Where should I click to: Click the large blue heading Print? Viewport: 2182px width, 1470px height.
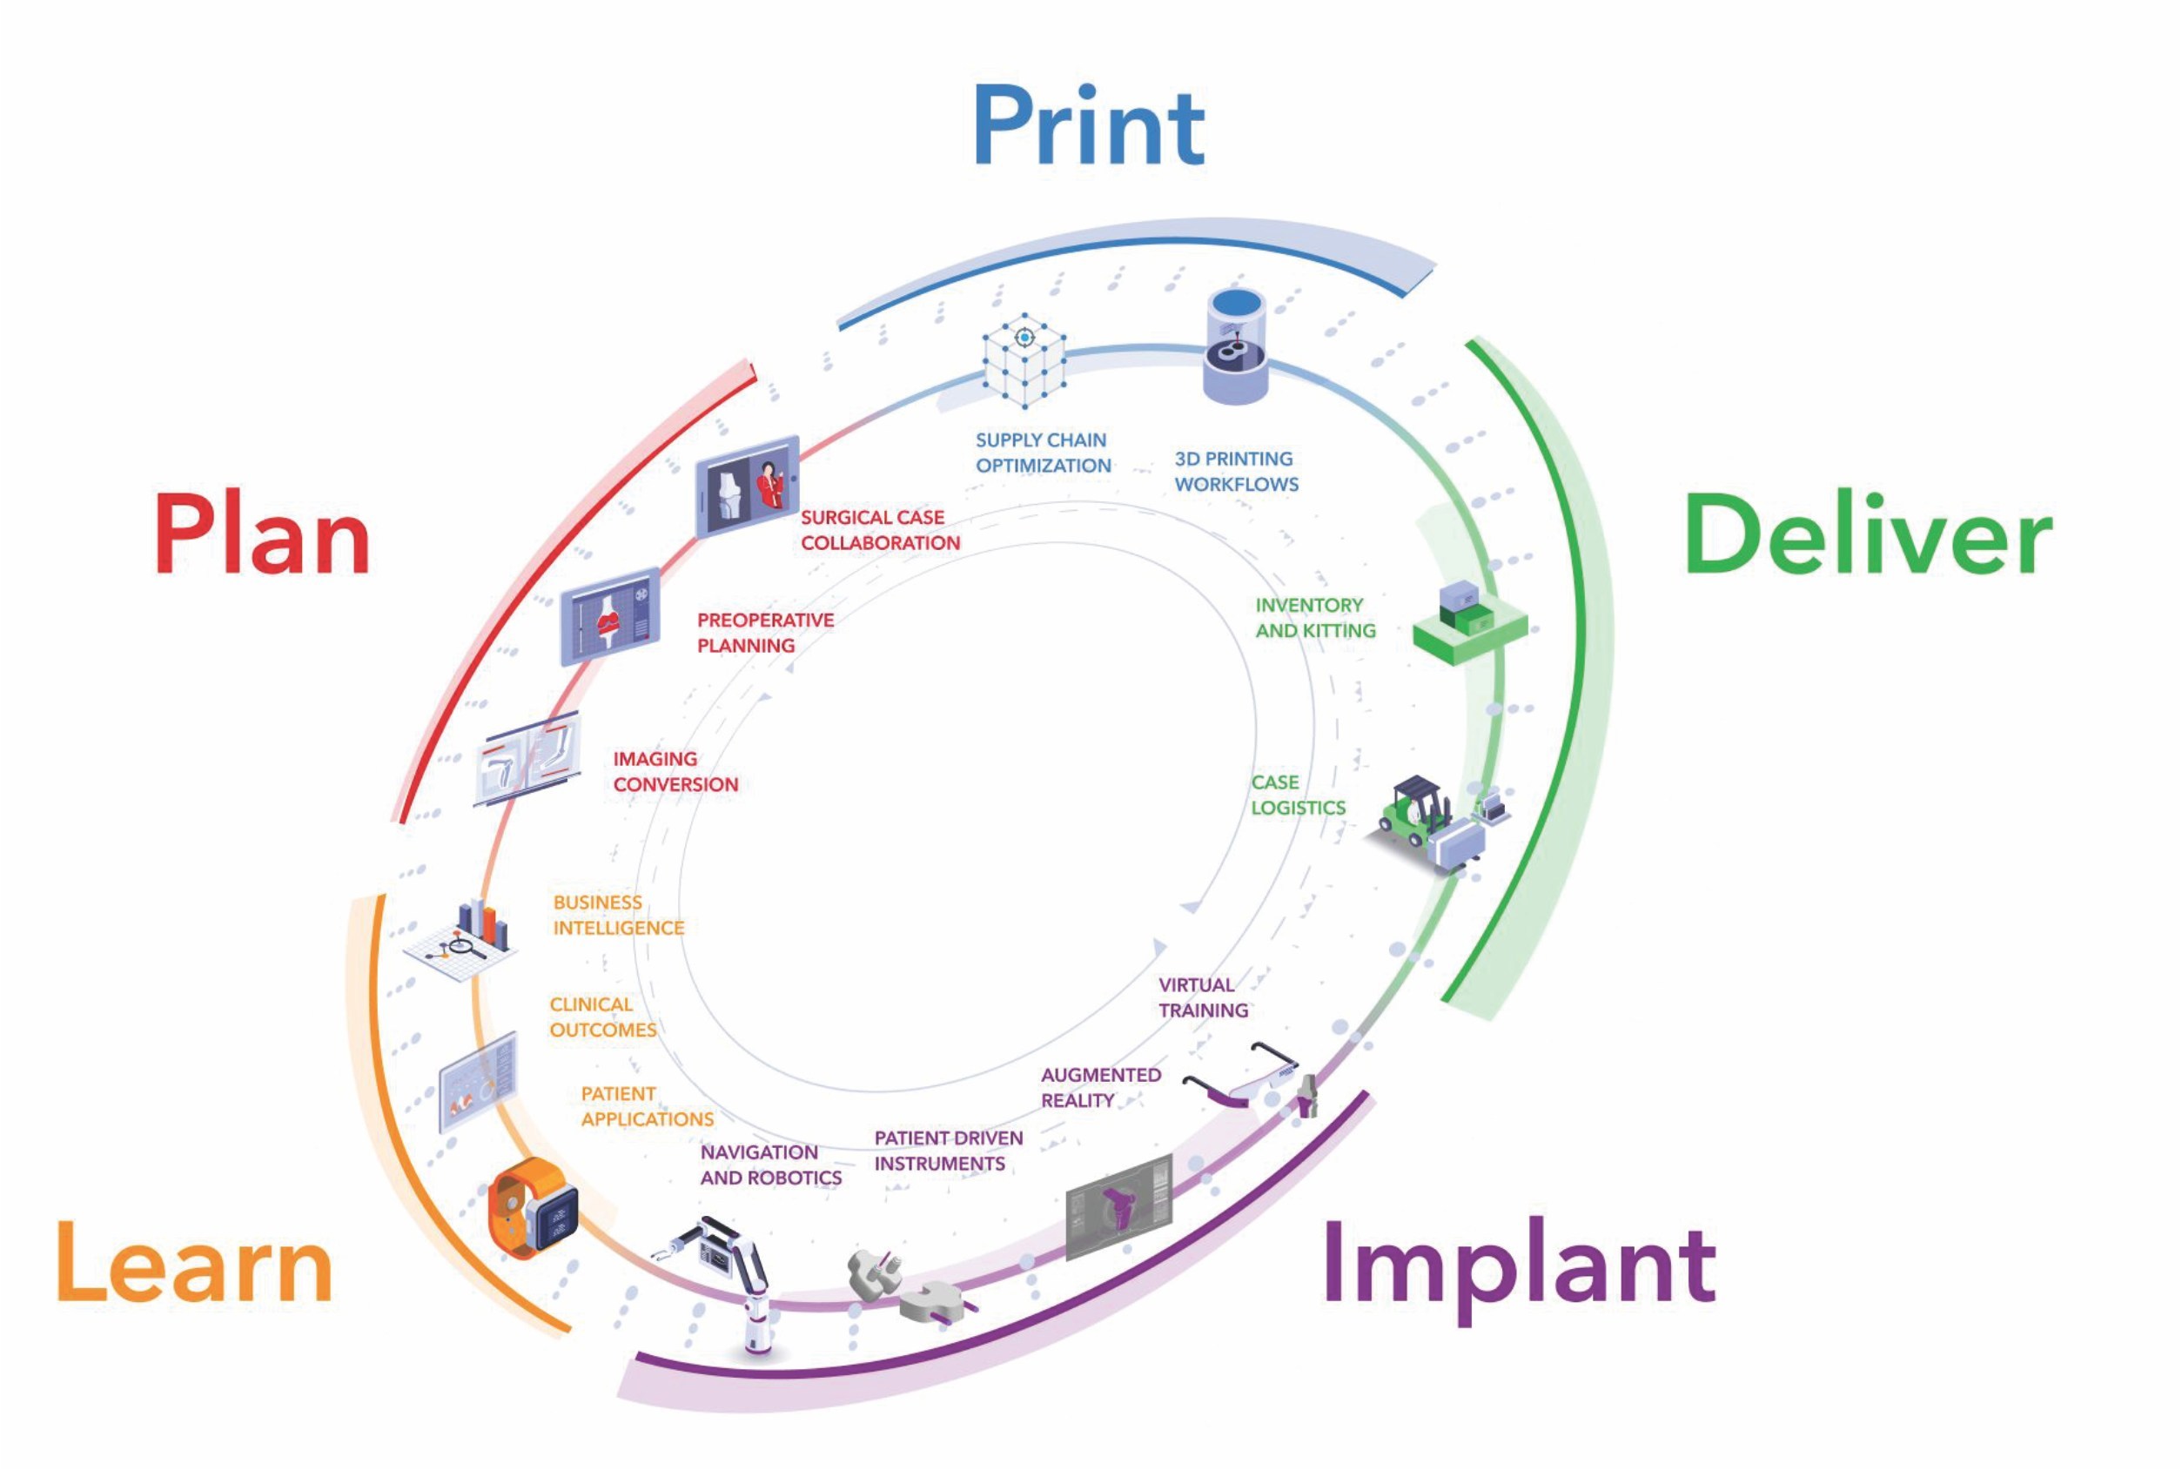tap(1088, 126)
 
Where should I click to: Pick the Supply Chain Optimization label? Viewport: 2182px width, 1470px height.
tap(1043, 453)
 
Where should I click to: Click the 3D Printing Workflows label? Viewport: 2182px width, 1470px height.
tap(1236, 472)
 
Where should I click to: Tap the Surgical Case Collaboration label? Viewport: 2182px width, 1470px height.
tap(879, 530)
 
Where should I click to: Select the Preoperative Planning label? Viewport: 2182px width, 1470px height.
tap(765, 633)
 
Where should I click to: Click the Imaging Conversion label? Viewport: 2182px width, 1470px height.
tap(675, 772)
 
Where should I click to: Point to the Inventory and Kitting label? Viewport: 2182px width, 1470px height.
tap(1315, 618)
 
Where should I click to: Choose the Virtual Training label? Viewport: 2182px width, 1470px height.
tap(1204, 997)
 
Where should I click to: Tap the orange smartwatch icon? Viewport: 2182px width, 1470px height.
tap(532, 1206)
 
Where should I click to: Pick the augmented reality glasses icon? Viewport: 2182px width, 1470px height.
tap(1242, 1077)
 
